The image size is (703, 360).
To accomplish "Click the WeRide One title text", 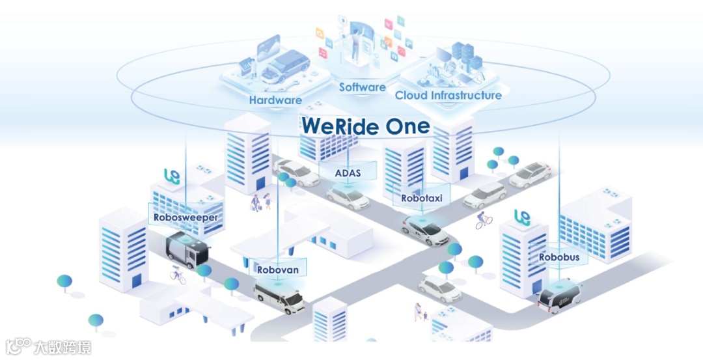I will (365, 126).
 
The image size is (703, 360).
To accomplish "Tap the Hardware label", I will (275, 100).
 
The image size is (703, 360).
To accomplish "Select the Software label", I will (362, 87).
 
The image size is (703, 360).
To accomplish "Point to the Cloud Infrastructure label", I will (448, 96).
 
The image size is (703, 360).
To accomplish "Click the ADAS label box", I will (348, 173).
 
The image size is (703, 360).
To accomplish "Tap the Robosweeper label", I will (186, 217).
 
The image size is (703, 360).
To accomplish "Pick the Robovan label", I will (278, 269).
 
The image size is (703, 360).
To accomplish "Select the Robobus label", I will (558, 257).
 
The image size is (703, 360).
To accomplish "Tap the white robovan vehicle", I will (279, 297).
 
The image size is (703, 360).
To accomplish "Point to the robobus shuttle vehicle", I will (560, 296).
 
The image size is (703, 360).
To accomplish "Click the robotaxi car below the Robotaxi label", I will (426, 230).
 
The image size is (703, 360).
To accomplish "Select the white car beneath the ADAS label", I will (348, 197).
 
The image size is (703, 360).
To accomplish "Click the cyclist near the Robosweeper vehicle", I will (177, 275).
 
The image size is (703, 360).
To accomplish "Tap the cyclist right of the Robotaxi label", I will (483, 220).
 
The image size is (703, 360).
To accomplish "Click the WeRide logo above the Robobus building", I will (522, 217).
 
